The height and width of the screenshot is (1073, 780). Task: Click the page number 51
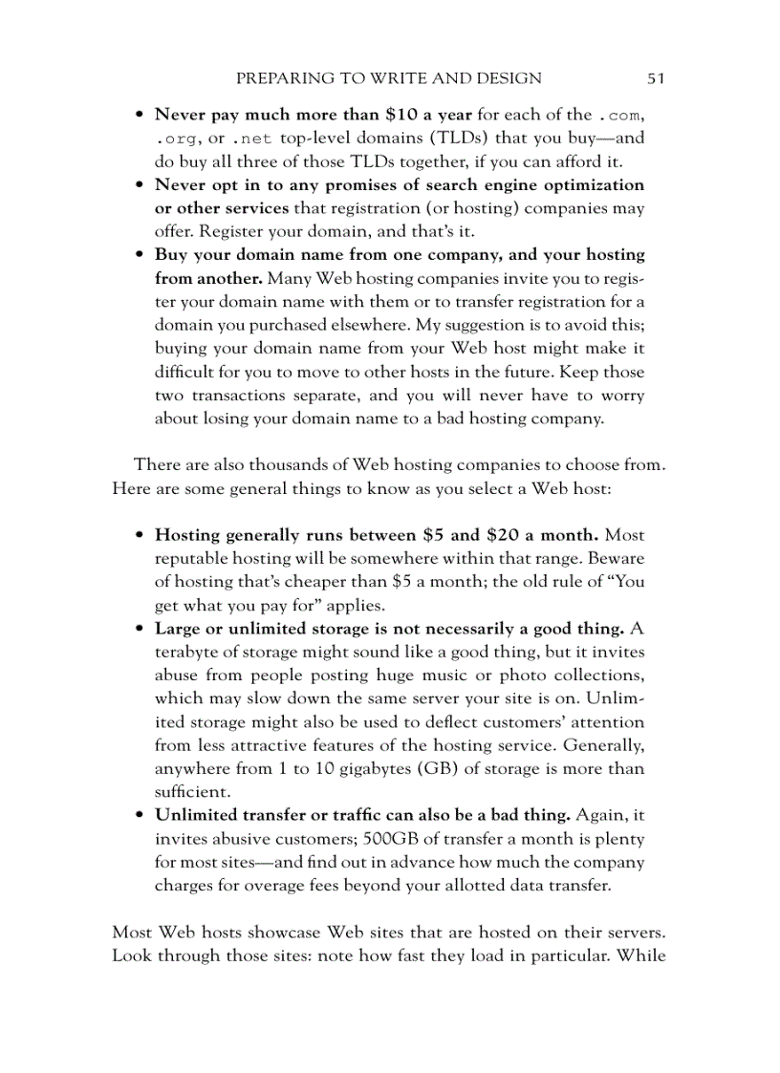(x=655, y=78)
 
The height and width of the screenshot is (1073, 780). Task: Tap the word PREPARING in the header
(x=278, y=78)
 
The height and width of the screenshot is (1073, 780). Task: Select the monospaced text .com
(x=618, y=115)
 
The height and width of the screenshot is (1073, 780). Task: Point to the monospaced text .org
(x=175, y=139)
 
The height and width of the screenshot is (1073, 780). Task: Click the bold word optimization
(x=588, y=184)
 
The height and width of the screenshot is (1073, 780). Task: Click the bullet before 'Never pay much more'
(x=140, y=116)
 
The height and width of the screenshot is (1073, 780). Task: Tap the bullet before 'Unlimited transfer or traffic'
(x=140, y=816)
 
